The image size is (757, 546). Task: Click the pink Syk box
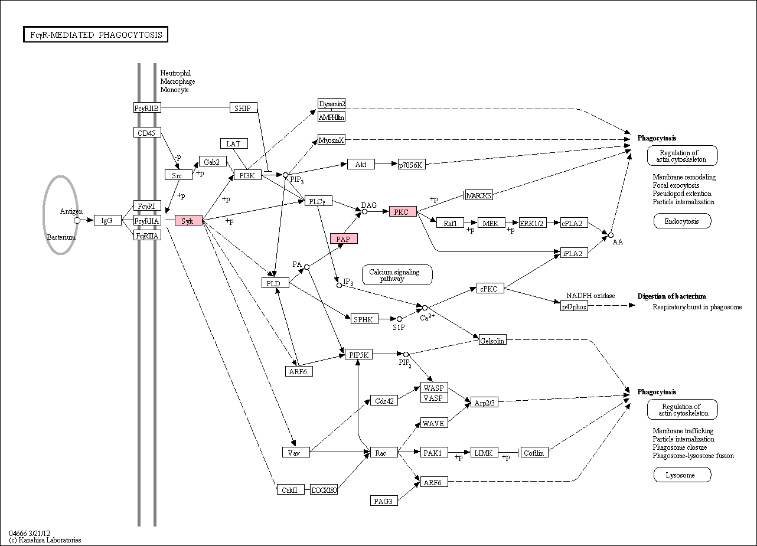pos(188,221)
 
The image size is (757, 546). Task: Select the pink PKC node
pos(403,211)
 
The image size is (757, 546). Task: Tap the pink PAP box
pos(344,239)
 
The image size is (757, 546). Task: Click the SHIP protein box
pos(244,108)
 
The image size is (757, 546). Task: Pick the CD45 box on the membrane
pos(147,132)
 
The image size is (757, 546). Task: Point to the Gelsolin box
pos(492,340)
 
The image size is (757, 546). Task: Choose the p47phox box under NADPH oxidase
pos(574,306)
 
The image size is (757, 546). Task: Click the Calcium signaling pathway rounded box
pos(397,274)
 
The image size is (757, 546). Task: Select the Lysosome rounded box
pos(683,475)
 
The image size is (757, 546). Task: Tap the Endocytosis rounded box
pos(683,221)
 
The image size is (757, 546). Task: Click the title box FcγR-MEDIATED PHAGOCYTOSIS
pos(96,34)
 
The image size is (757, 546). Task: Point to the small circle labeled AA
pos(611,235)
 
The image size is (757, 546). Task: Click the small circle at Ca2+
pos(425,308)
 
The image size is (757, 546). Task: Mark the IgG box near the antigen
pos(107,220)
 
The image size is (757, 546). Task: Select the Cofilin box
pos(534,452)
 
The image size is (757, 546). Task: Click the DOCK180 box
pos(324,489)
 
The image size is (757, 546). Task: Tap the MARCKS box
pos(479,195)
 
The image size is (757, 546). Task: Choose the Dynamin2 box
pos(331,103)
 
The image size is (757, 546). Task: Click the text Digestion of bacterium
pos(672,296)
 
